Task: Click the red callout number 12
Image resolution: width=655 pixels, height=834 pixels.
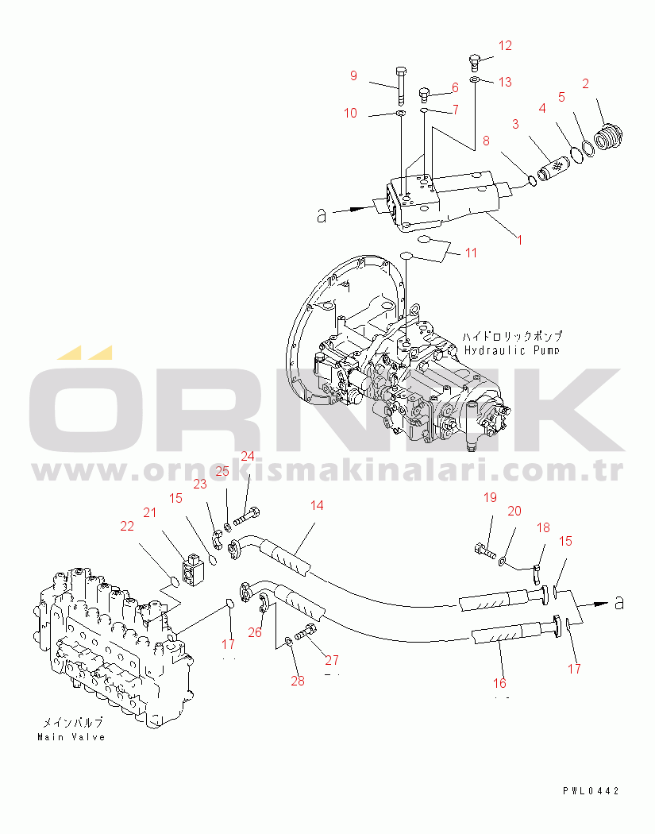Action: point(505,46)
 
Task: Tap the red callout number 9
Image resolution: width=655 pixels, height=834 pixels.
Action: point(353,75)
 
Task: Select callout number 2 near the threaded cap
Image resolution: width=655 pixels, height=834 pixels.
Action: point(585,83)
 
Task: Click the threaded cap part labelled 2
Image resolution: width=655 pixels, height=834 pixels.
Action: point(607,137)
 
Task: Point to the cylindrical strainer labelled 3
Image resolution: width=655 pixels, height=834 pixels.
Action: point(551,168)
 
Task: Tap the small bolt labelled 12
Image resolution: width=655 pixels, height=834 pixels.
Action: point(475,63)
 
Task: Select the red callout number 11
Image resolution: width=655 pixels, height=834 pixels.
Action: point(471,253)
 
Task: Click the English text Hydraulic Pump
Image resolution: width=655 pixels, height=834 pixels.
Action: point(512,350)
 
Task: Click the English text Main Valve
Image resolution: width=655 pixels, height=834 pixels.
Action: point(71,737)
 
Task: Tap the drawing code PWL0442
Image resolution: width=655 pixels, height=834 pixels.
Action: point(591,791)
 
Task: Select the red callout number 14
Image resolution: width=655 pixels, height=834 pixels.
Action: point(317,505)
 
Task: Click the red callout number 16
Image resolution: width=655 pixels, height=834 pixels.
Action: point(499,683)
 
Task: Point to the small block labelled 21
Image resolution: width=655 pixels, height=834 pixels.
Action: point(192,569)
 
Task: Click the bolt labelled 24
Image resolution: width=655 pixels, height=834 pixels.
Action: point(247,515)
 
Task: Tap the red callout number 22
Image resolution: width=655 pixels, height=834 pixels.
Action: point(127,526)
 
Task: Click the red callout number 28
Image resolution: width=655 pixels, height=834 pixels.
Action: point(298,681)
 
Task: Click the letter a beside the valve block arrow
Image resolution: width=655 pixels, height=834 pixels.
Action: point(321,216)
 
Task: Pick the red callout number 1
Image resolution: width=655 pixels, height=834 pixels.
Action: point(520,241)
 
